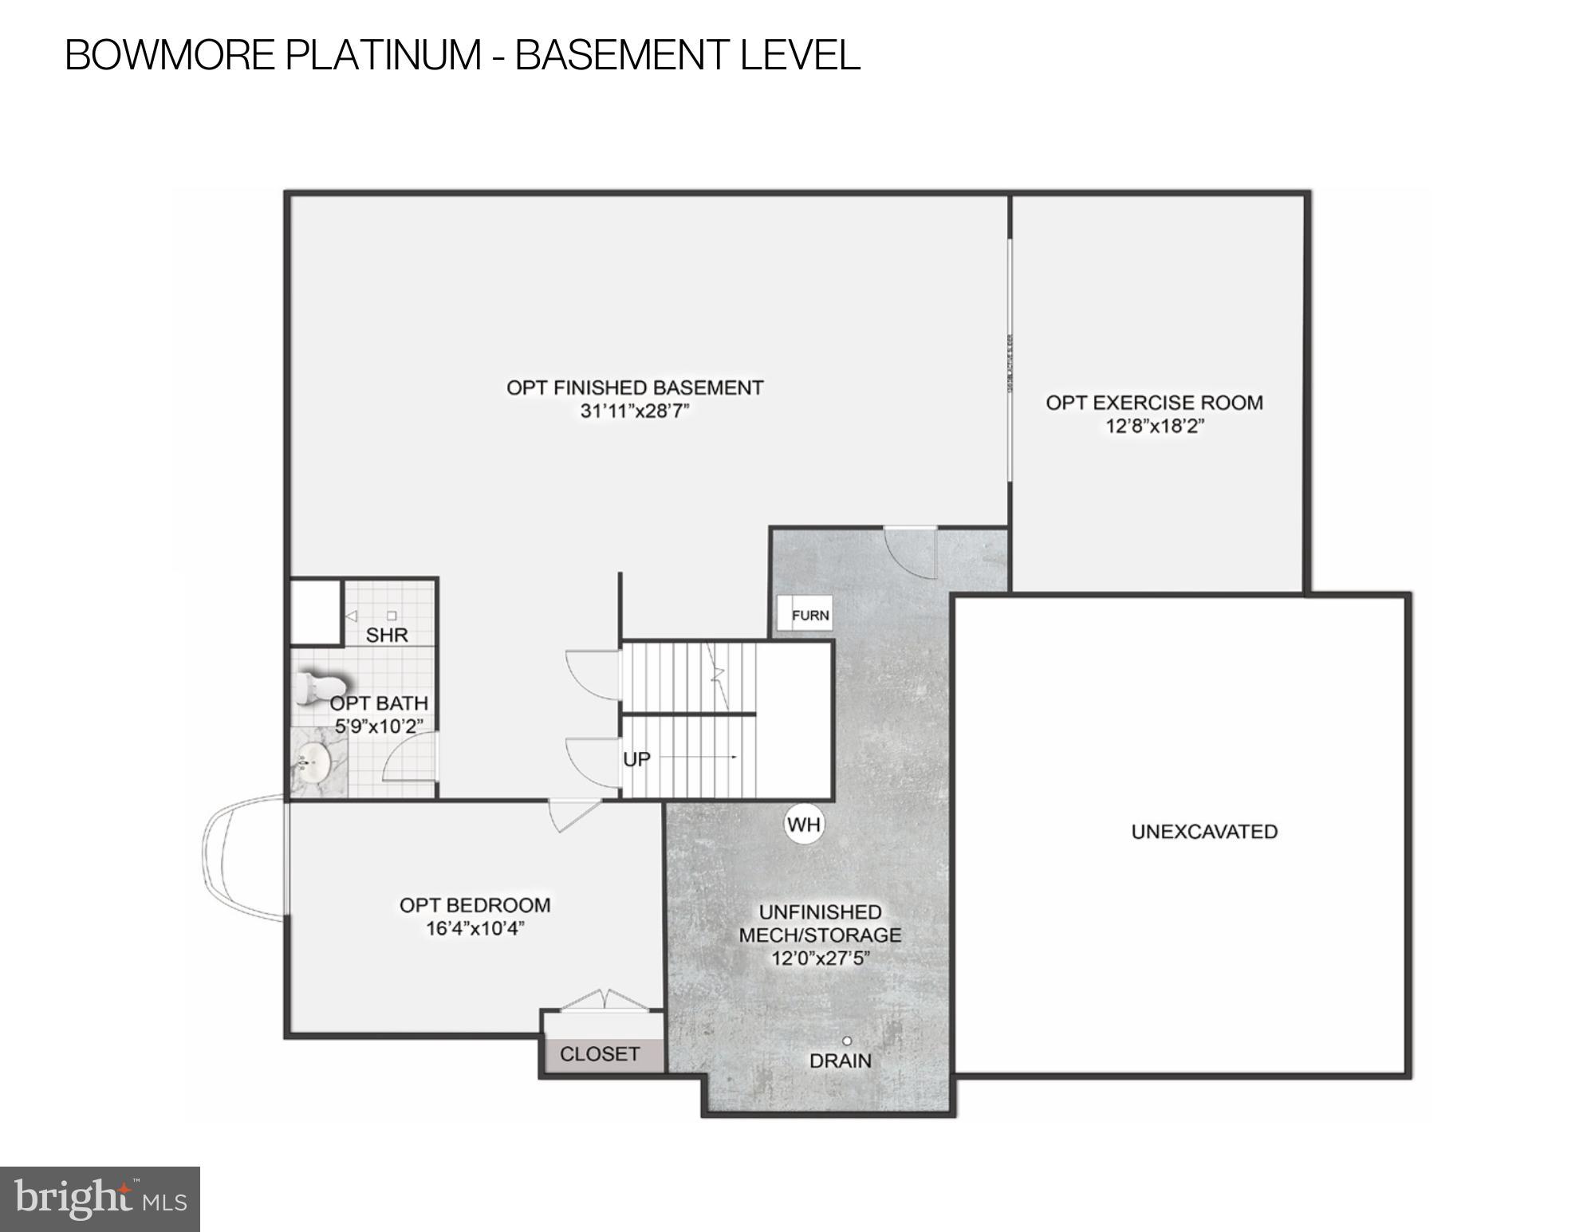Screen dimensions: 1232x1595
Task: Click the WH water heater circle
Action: pyautogui.click(x=803, y=825)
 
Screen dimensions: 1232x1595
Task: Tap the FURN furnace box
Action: pyautogui.click(x=805, y=615)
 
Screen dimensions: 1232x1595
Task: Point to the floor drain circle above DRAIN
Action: pyautogui.click(x=847, y=1041)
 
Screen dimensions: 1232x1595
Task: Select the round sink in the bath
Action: pyautogui.click(x=313, y=763)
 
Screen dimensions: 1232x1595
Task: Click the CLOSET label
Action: pyautogui.click(x=600, y=1054)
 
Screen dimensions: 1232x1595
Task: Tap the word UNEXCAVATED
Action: pyautogui.click(x=1204, y=832)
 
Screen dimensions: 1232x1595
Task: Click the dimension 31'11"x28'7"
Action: pyautogui.click(x=635, y=411)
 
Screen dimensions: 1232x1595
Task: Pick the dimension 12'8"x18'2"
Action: pyautogui.click(x=1154, y=426)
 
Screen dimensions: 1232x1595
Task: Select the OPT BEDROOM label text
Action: pyautogui.click(x=475, y=905)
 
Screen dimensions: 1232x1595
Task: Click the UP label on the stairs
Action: pyautogui.click(x=636, y=759)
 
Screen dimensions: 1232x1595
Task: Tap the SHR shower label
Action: pyautogui.click(x=387, y=635)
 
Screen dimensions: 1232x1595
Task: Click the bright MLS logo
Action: pyautogui.click(x=100, y=1199)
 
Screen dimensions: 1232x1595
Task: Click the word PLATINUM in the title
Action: pyautogui.click(x=384, y=55)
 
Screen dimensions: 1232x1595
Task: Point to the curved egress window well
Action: pyautogui.click(x=239, y=858)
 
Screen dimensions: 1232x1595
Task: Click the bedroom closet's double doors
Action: pyautogui.click(x=604, y=1000)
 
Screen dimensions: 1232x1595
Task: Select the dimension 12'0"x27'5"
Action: pyautogui.click(x=820, y=958)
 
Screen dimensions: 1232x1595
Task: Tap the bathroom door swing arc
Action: pyautogui.click(x=408, y=758)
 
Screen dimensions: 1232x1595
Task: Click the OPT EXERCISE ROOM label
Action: pyautogui.click(x=1154, y=403)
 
